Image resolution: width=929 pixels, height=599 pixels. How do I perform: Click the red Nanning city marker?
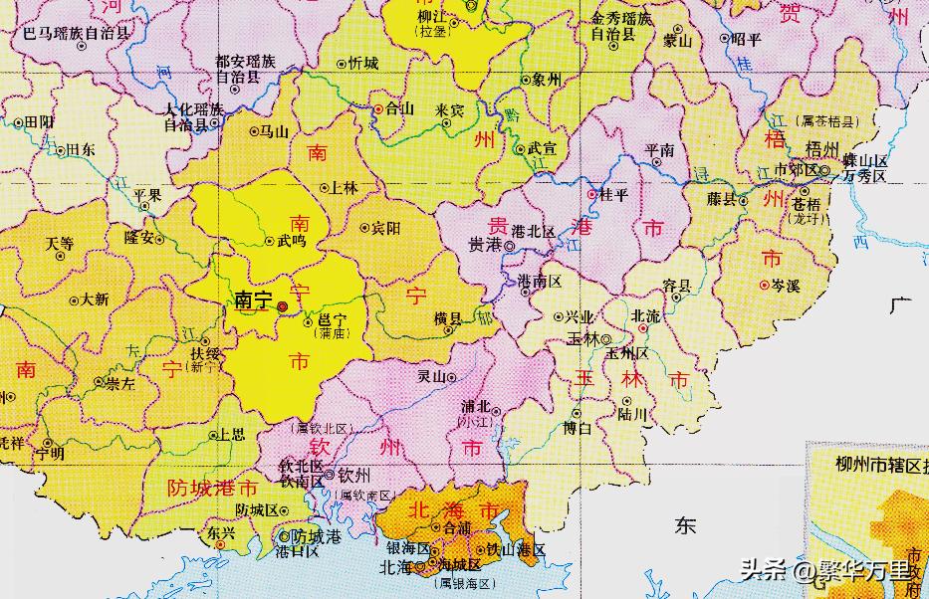[x=282, y=307]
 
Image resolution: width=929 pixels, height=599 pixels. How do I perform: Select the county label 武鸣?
[x=293, y=241]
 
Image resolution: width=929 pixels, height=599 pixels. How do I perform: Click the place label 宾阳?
[x=386, y=228]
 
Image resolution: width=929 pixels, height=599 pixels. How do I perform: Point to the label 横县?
[x=448, y=318]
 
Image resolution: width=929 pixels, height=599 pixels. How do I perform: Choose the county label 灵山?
[x=430, y=377]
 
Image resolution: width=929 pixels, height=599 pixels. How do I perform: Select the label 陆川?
[x=632, y=414]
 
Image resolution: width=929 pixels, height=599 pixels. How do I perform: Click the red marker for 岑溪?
[x=764, y=285]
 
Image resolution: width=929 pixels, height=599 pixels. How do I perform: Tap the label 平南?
[x=659, y=151]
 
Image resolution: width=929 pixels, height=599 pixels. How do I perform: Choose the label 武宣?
[x=541, y=149]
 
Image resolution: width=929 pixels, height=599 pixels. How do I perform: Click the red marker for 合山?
[x=378, y=108]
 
